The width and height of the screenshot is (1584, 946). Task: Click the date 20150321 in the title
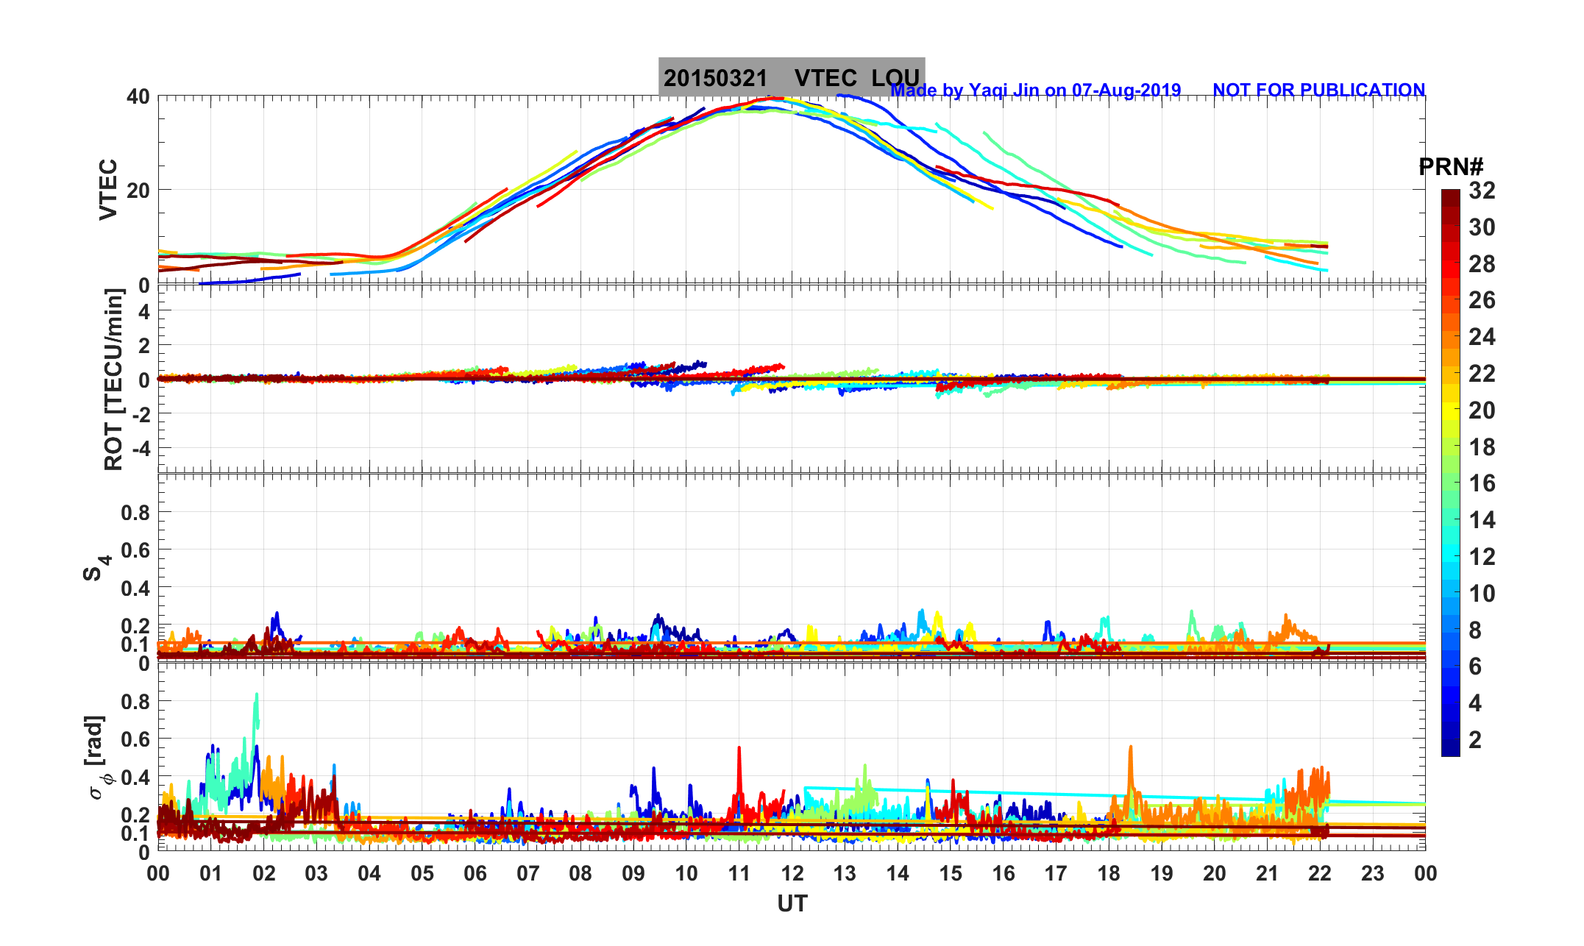click(x=715, y=78)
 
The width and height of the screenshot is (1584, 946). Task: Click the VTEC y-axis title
click(x=108, y=190)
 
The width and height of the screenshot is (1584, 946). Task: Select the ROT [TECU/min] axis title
click(x=113, y=380)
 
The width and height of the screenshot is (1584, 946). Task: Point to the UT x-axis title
click(x=792, y=903)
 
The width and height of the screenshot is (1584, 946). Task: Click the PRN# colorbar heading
click(x=1451, y=168)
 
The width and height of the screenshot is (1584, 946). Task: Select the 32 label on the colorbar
click(x=1482, y=191)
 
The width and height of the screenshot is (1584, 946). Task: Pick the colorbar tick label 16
click(x=1482, y=483)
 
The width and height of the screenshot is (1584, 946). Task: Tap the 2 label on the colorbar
click(x=1475, y=739)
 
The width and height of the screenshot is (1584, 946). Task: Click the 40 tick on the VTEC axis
click(x=138, y=97)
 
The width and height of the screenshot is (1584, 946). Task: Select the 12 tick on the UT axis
click(x=792, y=874)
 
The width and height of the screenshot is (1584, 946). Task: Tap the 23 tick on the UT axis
click(x=1373, y=874)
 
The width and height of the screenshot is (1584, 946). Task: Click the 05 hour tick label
click(x=422, y=874)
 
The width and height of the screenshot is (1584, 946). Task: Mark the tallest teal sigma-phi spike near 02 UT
click(x=257, y=695)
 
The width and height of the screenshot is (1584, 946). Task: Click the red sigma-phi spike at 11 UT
click(x=739, y=749)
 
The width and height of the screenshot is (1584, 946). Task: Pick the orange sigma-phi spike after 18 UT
click(x=1130, y=748)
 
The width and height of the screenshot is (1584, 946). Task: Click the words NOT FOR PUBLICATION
click(x=1318, y=90)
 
